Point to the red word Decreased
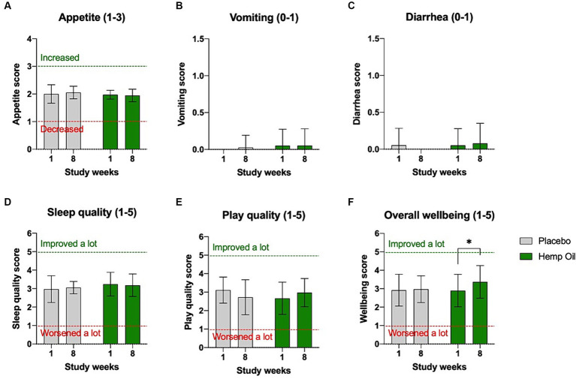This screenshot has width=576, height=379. tap(62, 129)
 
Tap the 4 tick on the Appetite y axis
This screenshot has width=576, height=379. tap(29, 39)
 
